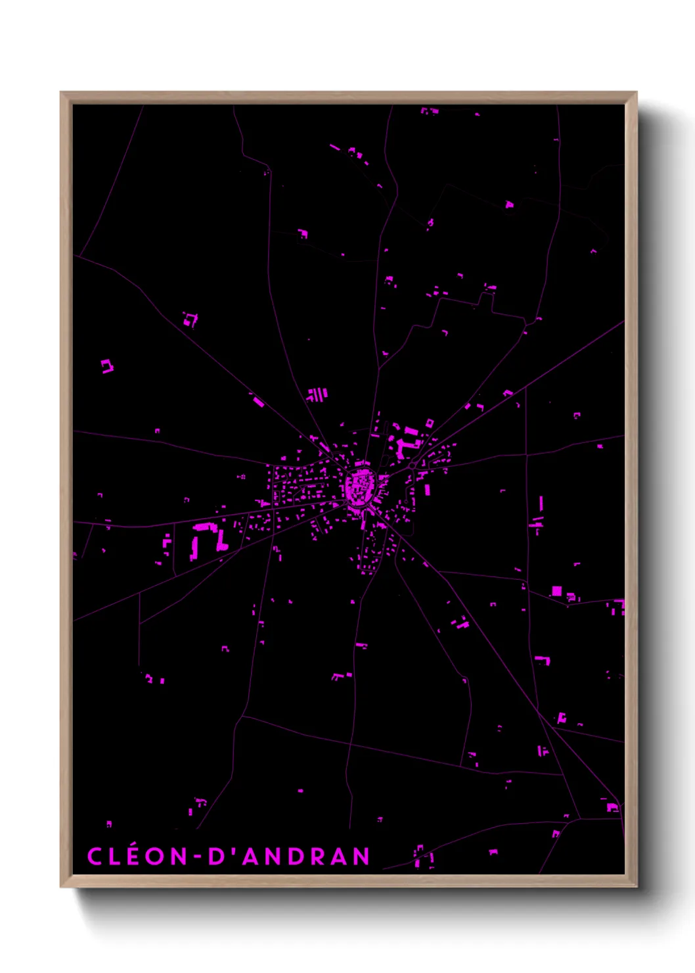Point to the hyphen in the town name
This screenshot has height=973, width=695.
pyautogui.click(x=196, y=857)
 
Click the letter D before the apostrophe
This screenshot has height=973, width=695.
pyautogui.click(x=216, y=856)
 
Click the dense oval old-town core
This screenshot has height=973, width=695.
pyautogui.click(x=360, y=486)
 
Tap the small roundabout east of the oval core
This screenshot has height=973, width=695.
pyautogui.click(x=411, y=465)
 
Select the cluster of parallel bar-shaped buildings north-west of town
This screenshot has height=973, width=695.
pyautogui.click(x=317, y=394)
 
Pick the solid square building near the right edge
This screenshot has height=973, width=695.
pyautogui.click(x=556, y=590)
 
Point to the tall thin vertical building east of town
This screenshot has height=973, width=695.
pyautogui.click(x=541, y=504)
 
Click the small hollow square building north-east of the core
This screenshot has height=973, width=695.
pyautogui.click(x=430, y=423)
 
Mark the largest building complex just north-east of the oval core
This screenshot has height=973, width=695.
pyautogui.click(x=407, y=442)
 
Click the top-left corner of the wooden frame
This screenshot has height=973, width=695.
pyautogui.click(x=61, y=93)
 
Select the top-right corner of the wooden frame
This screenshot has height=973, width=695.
pyautogui.click(x=637, y=93)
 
